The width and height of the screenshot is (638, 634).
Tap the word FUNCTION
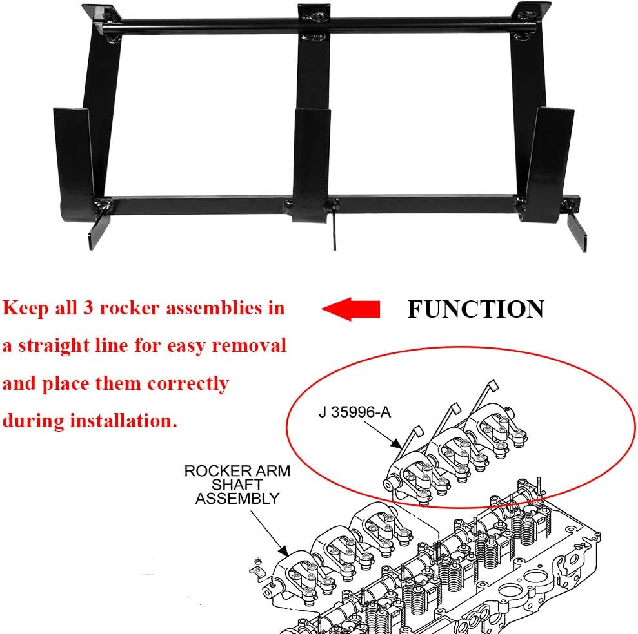tap(475, 310)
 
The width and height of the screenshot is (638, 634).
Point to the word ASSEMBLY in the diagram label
tap(237, 498)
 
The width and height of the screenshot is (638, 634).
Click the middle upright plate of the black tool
tap(312, 161)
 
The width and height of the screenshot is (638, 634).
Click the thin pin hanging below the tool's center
tap(334, 232)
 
